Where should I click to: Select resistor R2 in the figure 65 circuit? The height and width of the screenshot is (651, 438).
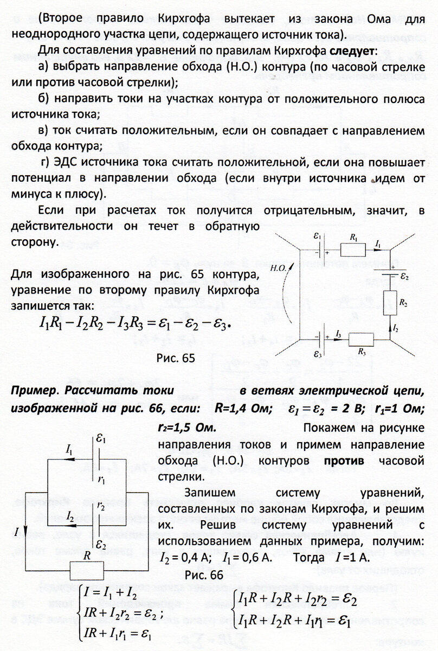[x=390, y=300]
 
